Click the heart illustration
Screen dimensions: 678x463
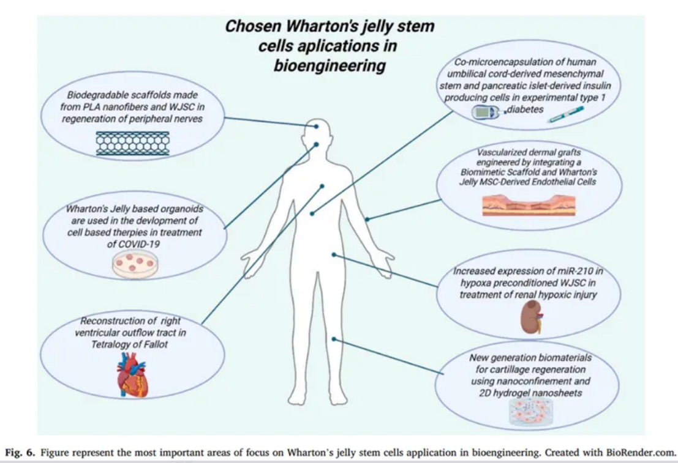(133, 374)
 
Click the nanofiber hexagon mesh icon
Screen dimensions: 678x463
(133, 143)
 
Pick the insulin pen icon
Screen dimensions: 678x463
(565, 114)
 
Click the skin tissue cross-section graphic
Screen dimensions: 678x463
(529, 205)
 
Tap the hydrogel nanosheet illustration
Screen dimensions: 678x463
(531, 412)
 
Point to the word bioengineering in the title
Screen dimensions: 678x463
(330, 65)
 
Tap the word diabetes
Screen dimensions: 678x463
(525, 109)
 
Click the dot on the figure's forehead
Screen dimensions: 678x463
(317, 127)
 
